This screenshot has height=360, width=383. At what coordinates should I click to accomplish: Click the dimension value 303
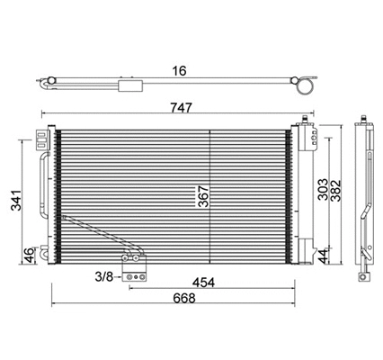pyautogui.click(x=323, y=193)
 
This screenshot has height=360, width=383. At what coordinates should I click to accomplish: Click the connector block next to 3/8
pyautogui.click(x=135, y=276)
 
